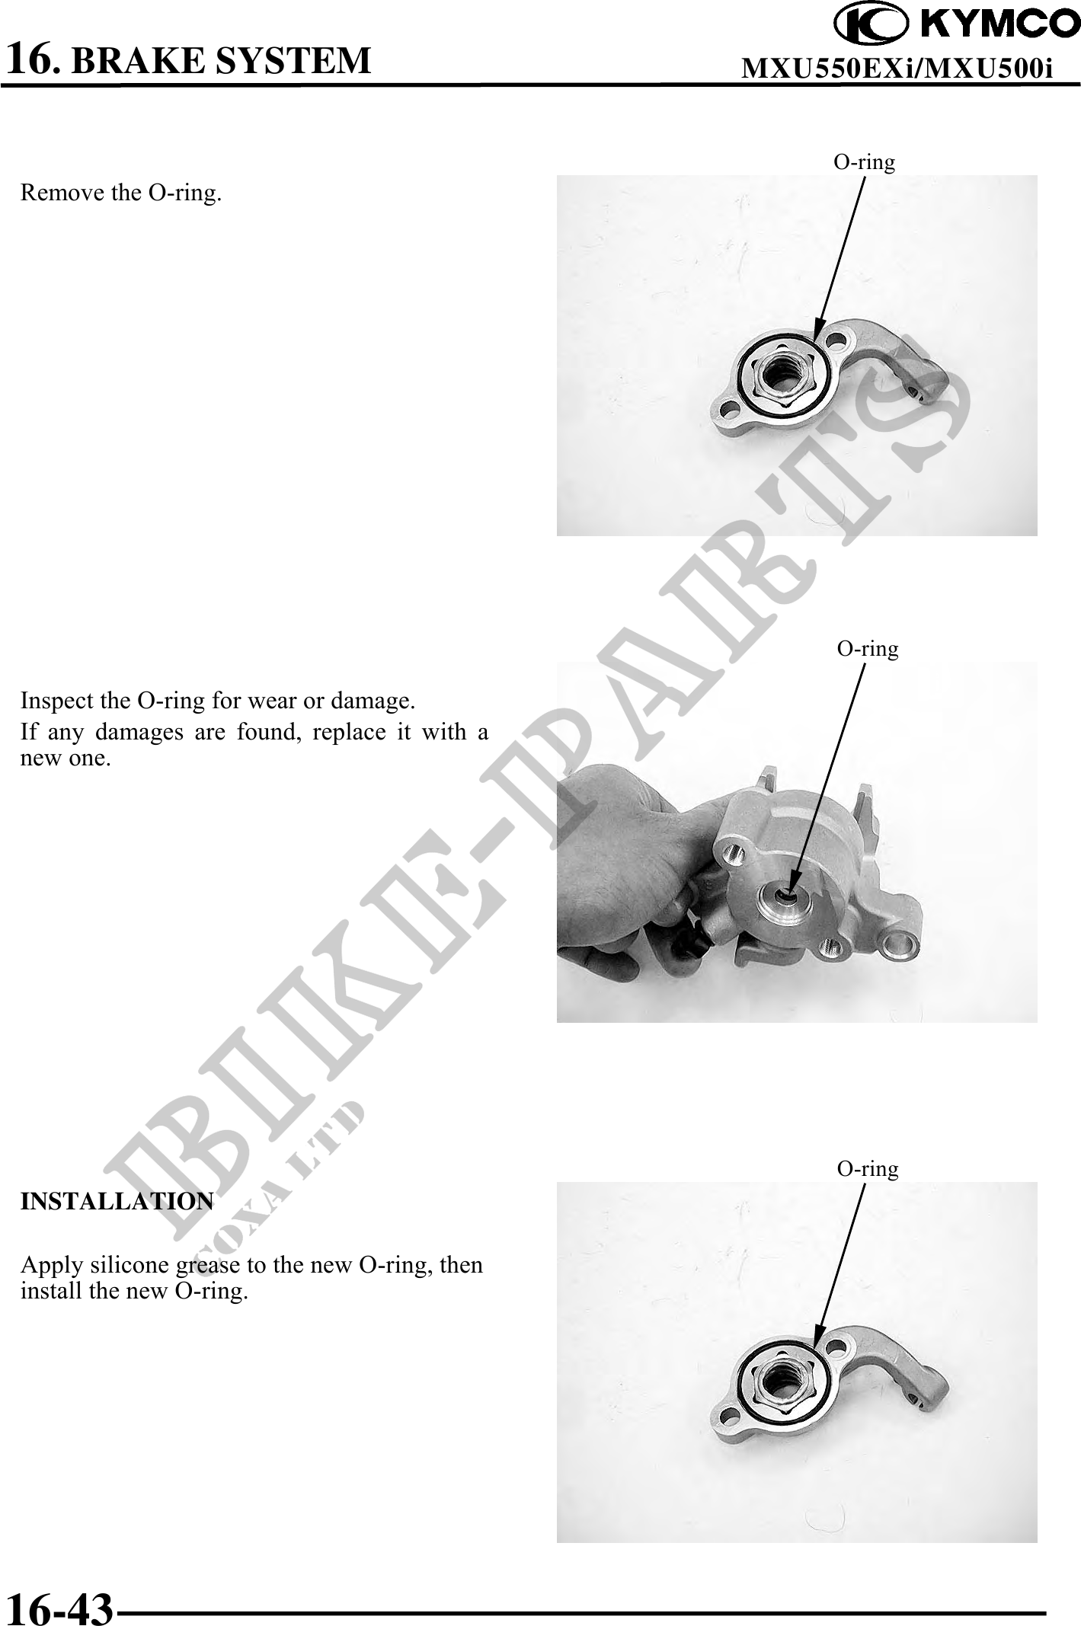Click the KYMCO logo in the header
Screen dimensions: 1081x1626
(957, 24)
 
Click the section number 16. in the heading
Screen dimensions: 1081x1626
(32, 58)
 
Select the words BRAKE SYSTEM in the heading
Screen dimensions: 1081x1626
(221, 60)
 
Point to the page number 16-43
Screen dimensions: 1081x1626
(59, 1608)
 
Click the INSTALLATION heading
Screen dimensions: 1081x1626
(117, 1201)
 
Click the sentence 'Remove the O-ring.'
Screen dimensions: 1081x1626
(121, 193)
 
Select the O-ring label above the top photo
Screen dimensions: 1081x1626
(864, 161)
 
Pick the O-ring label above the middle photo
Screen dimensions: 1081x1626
(868, 648)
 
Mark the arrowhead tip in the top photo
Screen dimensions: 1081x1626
(814, 345)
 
